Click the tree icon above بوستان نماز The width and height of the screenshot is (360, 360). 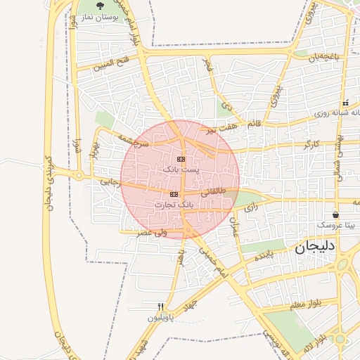click(107, 5)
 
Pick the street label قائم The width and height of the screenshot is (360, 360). click(254, 124)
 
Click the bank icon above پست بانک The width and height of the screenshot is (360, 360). click(181, 159)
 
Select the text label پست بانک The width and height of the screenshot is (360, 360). click(181, 169)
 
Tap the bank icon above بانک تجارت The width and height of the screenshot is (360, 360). click(174, 194)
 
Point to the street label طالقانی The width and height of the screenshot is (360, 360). click(213, 191)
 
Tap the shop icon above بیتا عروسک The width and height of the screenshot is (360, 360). click(335, 214)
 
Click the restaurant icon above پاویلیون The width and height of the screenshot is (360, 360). click(160, 307)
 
